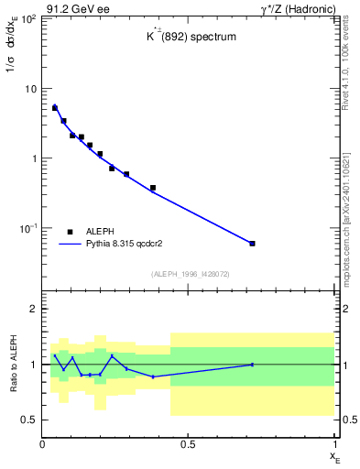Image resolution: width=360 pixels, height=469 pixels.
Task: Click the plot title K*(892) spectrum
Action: point(189,38)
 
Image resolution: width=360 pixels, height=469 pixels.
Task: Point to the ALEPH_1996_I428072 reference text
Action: point(189,273)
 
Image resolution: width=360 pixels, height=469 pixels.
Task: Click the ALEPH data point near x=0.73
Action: point(252,243)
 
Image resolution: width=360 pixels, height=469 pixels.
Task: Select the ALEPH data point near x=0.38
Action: point(153,188)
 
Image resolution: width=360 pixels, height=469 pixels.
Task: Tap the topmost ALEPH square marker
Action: point(55,108)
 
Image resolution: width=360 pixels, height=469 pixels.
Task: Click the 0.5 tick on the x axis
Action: point(189,444)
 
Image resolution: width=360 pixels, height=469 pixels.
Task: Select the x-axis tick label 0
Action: point(42,444)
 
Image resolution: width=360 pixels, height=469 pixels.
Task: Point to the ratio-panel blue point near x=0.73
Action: point(252,365)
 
